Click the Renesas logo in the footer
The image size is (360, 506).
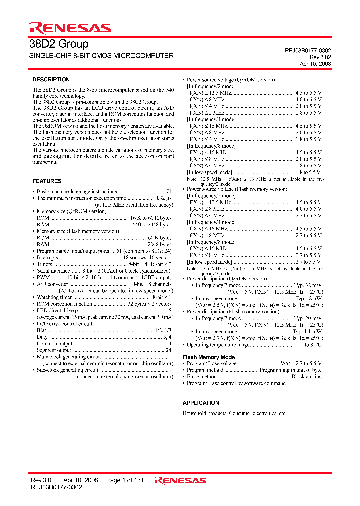point(180,481)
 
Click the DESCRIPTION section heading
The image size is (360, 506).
point(51,80)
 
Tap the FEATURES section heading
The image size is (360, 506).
point(47,181)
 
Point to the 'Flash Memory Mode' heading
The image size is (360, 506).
point(208,357)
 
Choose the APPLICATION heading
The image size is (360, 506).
point(201,403)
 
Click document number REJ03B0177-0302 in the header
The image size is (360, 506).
point(304,51)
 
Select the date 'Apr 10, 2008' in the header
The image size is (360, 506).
point(315,64)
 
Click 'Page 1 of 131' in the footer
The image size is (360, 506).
point(125,480)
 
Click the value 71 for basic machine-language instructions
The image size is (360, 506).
point(169,191)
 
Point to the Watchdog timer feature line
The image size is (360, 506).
point(55,297)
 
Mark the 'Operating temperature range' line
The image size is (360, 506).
point(220,345)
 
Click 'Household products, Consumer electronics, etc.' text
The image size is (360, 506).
point(234,414)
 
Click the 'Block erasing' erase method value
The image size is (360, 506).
point(306,377)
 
